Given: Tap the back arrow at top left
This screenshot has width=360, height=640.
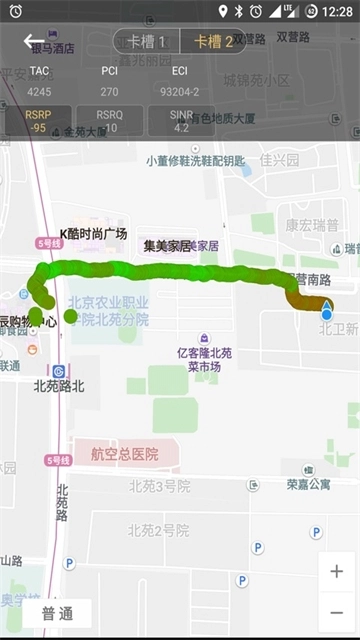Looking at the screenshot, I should tap(35, 41).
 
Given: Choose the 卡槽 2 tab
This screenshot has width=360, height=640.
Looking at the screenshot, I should tap(213, 41).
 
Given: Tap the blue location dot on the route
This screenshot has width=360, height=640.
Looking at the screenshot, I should tap(326, 314).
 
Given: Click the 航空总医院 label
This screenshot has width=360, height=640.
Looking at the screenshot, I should tap(117, 454).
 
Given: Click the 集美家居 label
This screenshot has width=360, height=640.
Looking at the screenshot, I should tap(167, 245).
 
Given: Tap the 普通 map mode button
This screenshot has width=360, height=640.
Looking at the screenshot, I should tap(56, 614).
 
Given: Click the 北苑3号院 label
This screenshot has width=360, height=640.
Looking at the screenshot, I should tap(159, 486).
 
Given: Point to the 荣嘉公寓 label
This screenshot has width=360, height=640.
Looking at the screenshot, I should tap(308, 484).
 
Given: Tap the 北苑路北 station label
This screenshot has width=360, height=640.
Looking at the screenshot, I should tap(59, 385).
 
